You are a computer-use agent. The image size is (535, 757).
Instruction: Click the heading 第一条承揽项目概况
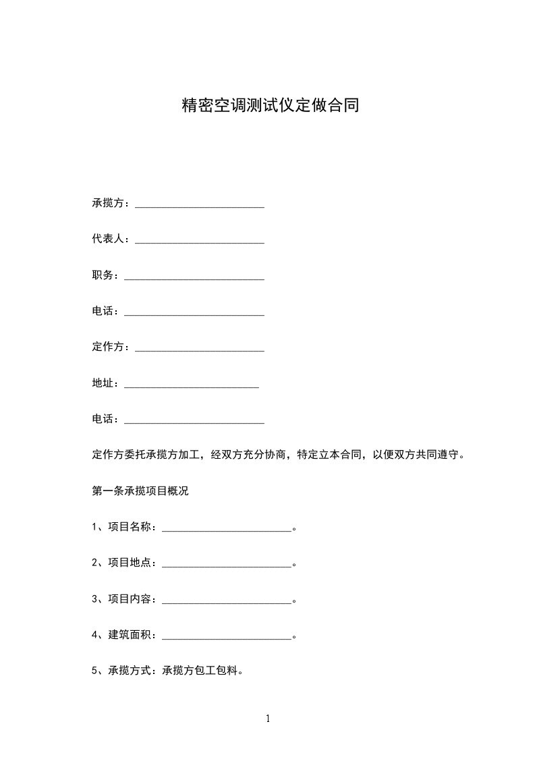point(140,491)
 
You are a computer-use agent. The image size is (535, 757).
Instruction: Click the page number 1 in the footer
point(268,719)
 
